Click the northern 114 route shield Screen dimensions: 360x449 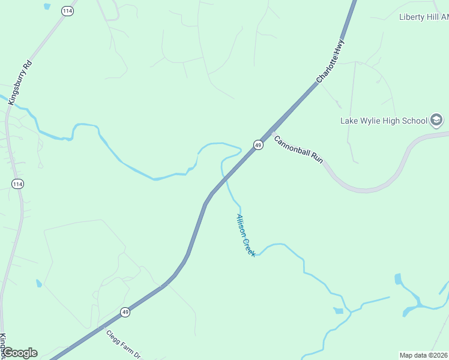(67, 11)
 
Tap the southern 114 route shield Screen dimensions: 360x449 (17, 184)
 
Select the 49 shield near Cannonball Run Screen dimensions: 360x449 (258, 145)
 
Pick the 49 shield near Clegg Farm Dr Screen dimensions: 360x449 (125, 312)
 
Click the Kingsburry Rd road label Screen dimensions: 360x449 (19, 82)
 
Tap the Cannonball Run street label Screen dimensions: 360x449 (298, 149)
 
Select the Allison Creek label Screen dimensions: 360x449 (246, 236)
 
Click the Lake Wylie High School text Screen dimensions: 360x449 (384, 121)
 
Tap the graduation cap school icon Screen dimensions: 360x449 (437, 121)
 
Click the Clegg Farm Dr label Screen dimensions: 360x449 (123, 345)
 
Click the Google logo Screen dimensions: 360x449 (20, 353)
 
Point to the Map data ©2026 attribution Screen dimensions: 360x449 (424, 355)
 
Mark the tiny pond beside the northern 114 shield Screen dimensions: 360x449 (47, 7)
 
